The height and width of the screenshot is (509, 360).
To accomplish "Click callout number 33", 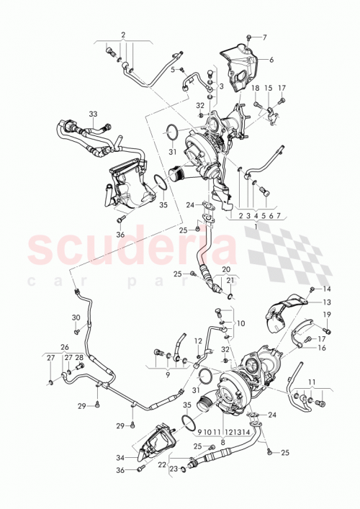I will [92, 114].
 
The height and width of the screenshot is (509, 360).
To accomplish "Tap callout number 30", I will [76, 317].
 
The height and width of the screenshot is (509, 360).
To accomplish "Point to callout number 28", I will [79, 357].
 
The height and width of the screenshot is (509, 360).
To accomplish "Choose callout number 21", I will [230, 281].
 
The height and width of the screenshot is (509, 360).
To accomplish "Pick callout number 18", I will [255, 87].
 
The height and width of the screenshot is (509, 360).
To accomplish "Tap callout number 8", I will [223, 442].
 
